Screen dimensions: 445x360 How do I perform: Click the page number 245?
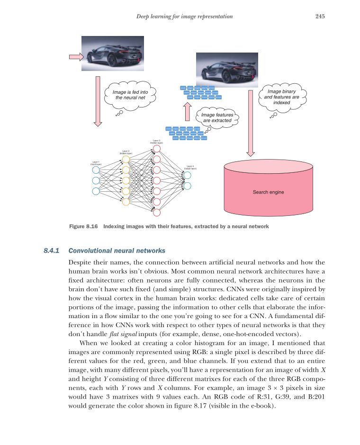(x=319, y=17)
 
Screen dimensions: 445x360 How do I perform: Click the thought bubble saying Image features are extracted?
(x=216, y=117)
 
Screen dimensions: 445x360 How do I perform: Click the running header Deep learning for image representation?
(x=184, y=17)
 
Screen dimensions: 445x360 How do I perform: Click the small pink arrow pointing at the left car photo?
(x=76, y=57)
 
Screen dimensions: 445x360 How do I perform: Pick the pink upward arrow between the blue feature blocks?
(x=187, y=113)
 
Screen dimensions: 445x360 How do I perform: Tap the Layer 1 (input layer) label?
(x=96, y=163)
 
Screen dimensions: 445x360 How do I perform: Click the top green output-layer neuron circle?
(x=188, y=175)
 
